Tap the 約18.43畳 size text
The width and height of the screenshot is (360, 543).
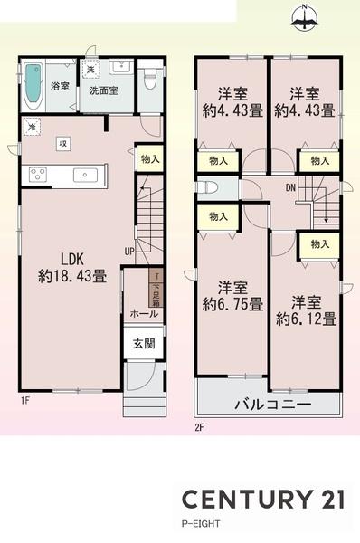click(x=71, y=276)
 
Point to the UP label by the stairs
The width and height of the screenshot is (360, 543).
click(x=130, y=251)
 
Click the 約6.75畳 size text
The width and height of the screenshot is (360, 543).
click(x=232, y=303)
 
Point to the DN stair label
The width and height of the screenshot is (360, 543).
click(x=291, y=189)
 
